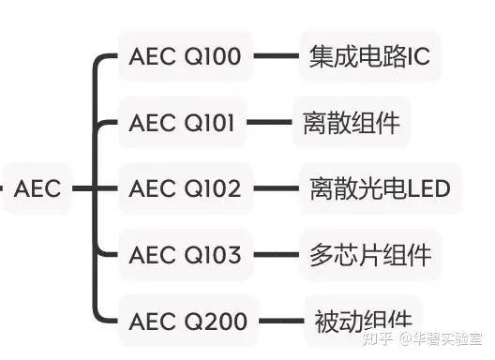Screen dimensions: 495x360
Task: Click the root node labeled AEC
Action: click(x=37, y=188)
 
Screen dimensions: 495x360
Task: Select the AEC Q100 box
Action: click(x=185, y=57)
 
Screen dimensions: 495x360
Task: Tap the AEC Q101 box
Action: click(x=185, y=123)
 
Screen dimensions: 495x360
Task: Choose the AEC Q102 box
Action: click(x=185, y=188)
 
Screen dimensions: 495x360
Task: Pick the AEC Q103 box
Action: click(x=185, y=254)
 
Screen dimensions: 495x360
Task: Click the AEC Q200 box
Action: click(x=185, y=321)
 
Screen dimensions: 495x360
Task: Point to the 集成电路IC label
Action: click(x=368, y=57)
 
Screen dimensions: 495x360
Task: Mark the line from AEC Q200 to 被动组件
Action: click(x=276, y=321)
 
